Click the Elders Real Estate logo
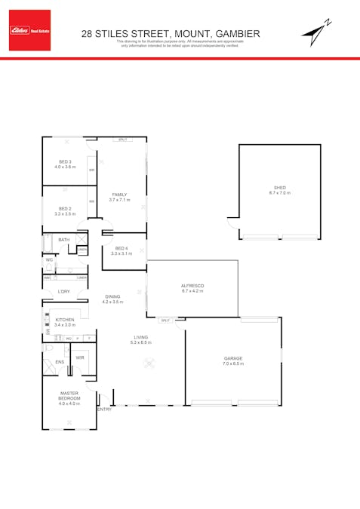click(30, 30)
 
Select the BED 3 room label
click(65, 161)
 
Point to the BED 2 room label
click(65, 209)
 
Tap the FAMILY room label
click(119, 195)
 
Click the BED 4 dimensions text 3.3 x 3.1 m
click(122, 253)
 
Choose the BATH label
click(64, 240)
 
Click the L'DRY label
click(64, 291)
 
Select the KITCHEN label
click(65, 320)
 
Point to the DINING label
click(112, 296)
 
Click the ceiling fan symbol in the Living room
click(149, 363)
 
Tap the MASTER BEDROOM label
click(69, 395)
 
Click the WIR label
click(79, 357)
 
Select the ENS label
click(60, 362)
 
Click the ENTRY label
click(105, 409)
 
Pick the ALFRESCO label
click(193, 285)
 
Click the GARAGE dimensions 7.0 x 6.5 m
click(233, 363)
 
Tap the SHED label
click(279, 188)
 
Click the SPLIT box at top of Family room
click(122, 140)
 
